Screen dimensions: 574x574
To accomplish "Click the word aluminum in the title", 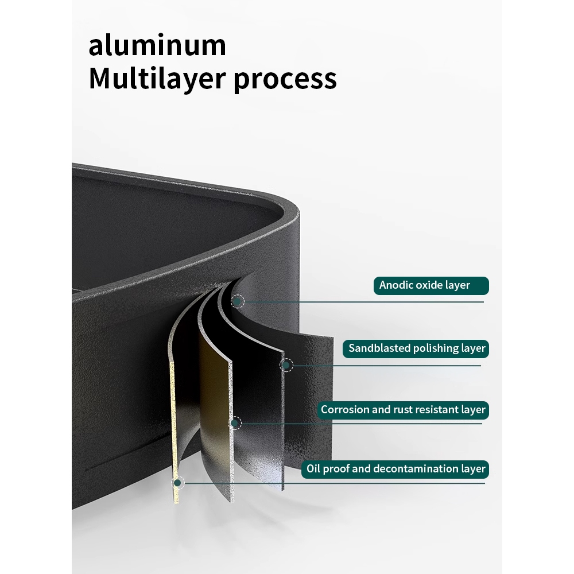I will [157, 46].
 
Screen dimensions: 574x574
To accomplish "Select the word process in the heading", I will [285, 80].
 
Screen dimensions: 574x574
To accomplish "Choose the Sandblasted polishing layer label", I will [417, 348].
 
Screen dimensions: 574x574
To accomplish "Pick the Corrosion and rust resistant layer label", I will [403, 410].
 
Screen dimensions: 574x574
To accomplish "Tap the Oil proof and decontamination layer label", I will [395, 469].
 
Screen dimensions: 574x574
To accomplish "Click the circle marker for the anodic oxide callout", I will [238, 301].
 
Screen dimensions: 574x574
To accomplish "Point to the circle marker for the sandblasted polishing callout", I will [286, 364].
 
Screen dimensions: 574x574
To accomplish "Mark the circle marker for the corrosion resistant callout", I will [234, 424].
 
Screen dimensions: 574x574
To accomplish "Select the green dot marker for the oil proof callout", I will [178, 483].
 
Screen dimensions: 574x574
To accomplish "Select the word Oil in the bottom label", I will [313, 469].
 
